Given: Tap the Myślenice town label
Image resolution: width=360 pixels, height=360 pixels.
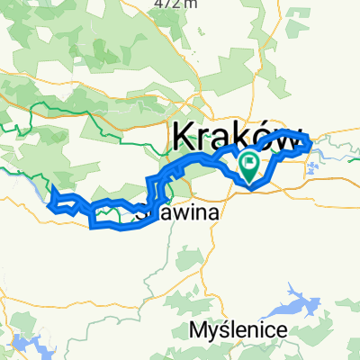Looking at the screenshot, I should [x=238, y=330].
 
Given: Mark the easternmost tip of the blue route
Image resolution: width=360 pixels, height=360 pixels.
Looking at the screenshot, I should [x=310, y=142].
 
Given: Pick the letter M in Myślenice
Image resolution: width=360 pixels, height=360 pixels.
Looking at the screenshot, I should [x=198, y=330].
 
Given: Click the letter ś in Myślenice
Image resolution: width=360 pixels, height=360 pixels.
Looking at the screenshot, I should [x=224, y=330].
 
